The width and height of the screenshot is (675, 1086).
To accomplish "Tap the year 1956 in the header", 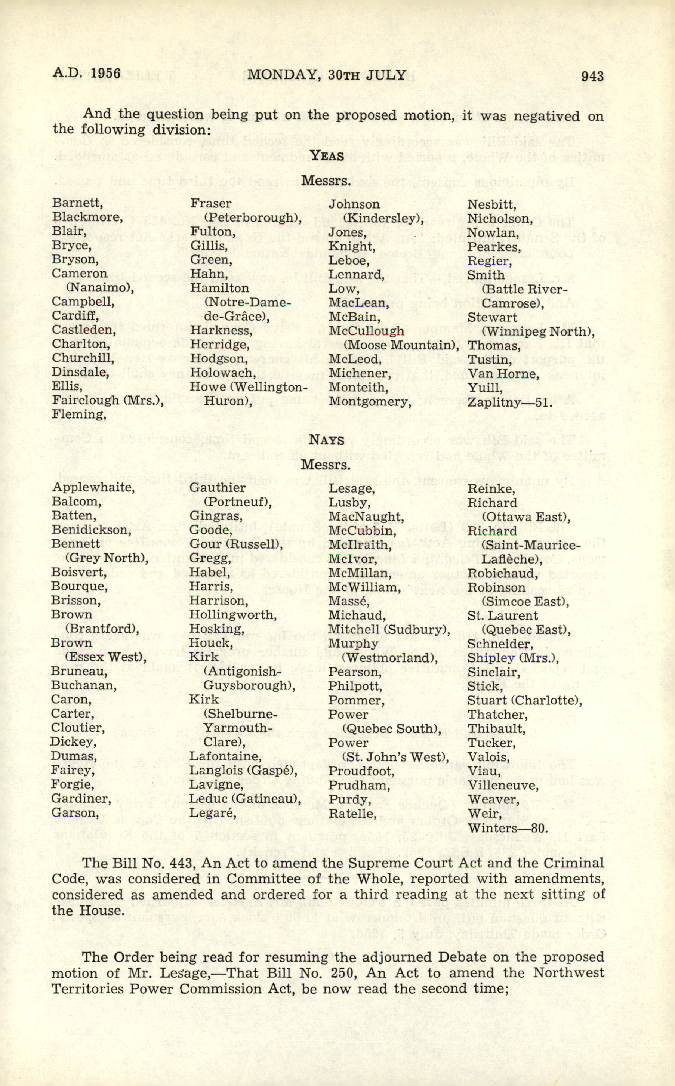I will point(105,73).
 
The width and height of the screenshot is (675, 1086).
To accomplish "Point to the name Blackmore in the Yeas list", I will point(87,217).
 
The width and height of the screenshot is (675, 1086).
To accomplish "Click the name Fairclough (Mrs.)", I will point(108,400).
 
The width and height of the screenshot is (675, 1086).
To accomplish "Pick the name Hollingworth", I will point(232,615).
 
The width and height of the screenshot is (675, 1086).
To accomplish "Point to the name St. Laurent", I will point(502,616).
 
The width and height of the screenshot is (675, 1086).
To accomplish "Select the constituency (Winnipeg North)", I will point(538,331).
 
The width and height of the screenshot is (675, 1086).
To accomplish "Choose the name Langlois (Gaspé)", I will point(243,771).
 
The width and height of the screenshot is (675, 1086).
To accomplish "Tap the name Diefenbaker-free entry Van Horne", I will point(503,374).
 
